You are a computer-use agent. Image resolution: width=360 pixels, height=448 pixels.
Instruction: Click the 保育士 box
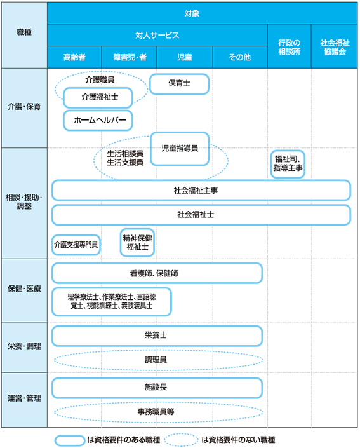[x=179, y=84]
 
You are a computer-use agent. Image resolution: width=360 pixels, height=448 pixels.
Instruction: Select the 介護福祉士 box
[x=98, y=97]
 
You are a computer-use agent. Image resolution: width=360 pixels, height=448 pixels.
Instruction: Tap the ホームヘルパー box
[x=98, y=120]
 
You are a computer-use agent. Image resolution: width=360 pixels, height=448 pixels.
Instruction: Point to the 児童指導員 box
[x=180, y=149]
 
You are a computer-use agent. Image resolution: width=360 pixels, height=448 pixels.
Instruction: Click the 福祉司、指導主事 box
[x=288, y=164]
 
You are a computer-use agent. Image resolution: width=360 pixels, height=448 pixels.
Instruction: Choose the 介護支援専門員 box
[x=76, y=245]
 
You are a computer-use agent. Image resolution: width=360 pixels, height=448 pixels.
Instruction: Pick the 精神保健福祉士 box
[x=137, y=242]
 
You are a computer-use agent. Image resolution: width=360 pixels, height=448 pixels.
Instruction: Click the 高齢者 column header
[x=74, y=57]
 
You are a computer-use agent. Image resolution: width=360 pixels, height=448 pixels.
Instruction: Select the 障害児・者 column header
[x=130, y=57]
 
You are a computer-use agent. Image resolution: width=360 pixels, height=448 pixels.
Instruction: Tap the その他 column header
[x=240, y=57]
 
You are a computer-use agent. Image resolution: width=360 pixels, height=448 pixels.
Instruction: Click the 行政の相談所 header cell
[x=289, y=46]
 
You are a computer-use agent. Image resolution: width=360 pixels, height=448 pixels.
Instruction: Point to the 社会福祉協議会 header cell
[x=335, y=46]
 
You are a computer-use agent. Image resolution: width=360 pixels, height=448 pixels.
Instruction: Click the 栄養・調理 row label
[x=24, y=347]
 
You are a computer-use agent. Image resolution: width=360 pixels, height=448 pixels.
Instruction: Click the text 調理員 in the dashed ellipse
[x=156, y=360]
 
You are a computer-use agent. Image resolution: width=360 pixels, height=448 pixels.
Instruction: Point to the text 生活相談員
[x=125, y=154]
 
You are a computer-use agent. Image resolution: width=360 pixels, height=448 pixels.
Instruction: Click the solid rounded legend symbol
[x=70, y=440]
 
